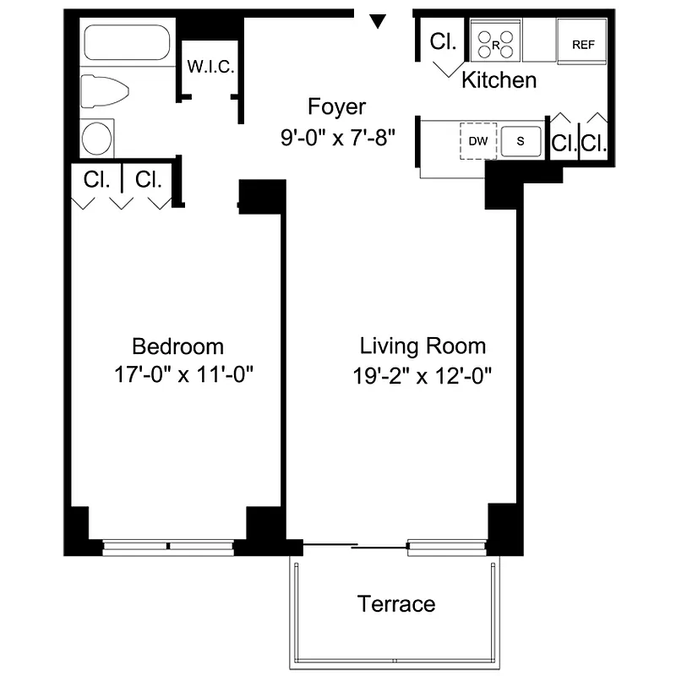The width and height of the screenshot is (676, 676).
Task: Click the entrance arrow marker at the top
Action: (379, 20)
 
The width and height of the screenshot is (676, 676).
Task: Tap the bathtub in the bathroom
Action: (127, 42)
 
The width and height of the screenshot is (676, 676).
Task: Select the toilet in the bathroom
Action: (103, 90)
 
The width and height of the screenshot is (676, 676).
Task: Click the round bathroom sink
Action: (97, 138)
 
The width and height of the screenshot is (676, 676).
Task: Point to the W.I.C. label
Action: (210, 67)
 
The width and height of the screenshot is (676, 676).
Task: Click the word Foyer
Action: (336, 107)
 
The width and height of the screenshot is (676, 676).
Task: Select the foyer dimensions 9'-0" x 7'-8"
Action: (337, 137)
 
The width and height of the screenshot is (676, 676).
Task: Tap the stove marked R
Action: (495, 43)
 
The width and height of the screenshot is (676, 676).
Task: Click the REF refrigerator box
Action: (583, 44)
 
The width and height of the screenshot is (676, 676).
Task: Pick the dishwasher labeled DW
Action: (477, 141)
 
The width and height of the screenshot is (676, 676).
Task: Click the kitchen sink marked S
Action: (521, 141)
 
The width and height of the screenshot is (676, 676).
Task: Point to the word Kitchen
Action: (499, 80)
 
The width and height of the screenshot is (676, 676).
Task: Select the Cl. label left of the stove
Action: (442, 42)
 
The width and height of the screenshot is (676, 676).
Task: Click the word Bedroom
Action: (178, 346)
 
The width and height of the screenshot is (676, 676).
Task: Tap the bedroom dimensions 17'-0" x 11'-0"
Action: (184, 374)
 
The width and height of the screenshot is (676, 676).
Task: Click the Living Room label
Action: (422, 346)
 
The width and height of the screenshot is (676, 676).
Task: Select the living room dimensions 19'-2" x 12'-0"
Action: (422, 374)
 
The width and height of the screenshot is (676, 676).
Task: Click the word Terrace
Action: (396, 604)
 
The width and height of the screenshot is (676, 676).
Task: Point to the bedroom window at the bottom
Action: (168, 547)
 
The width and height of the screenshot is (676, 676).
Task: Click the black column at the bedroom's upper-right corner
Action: (262, 196)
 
